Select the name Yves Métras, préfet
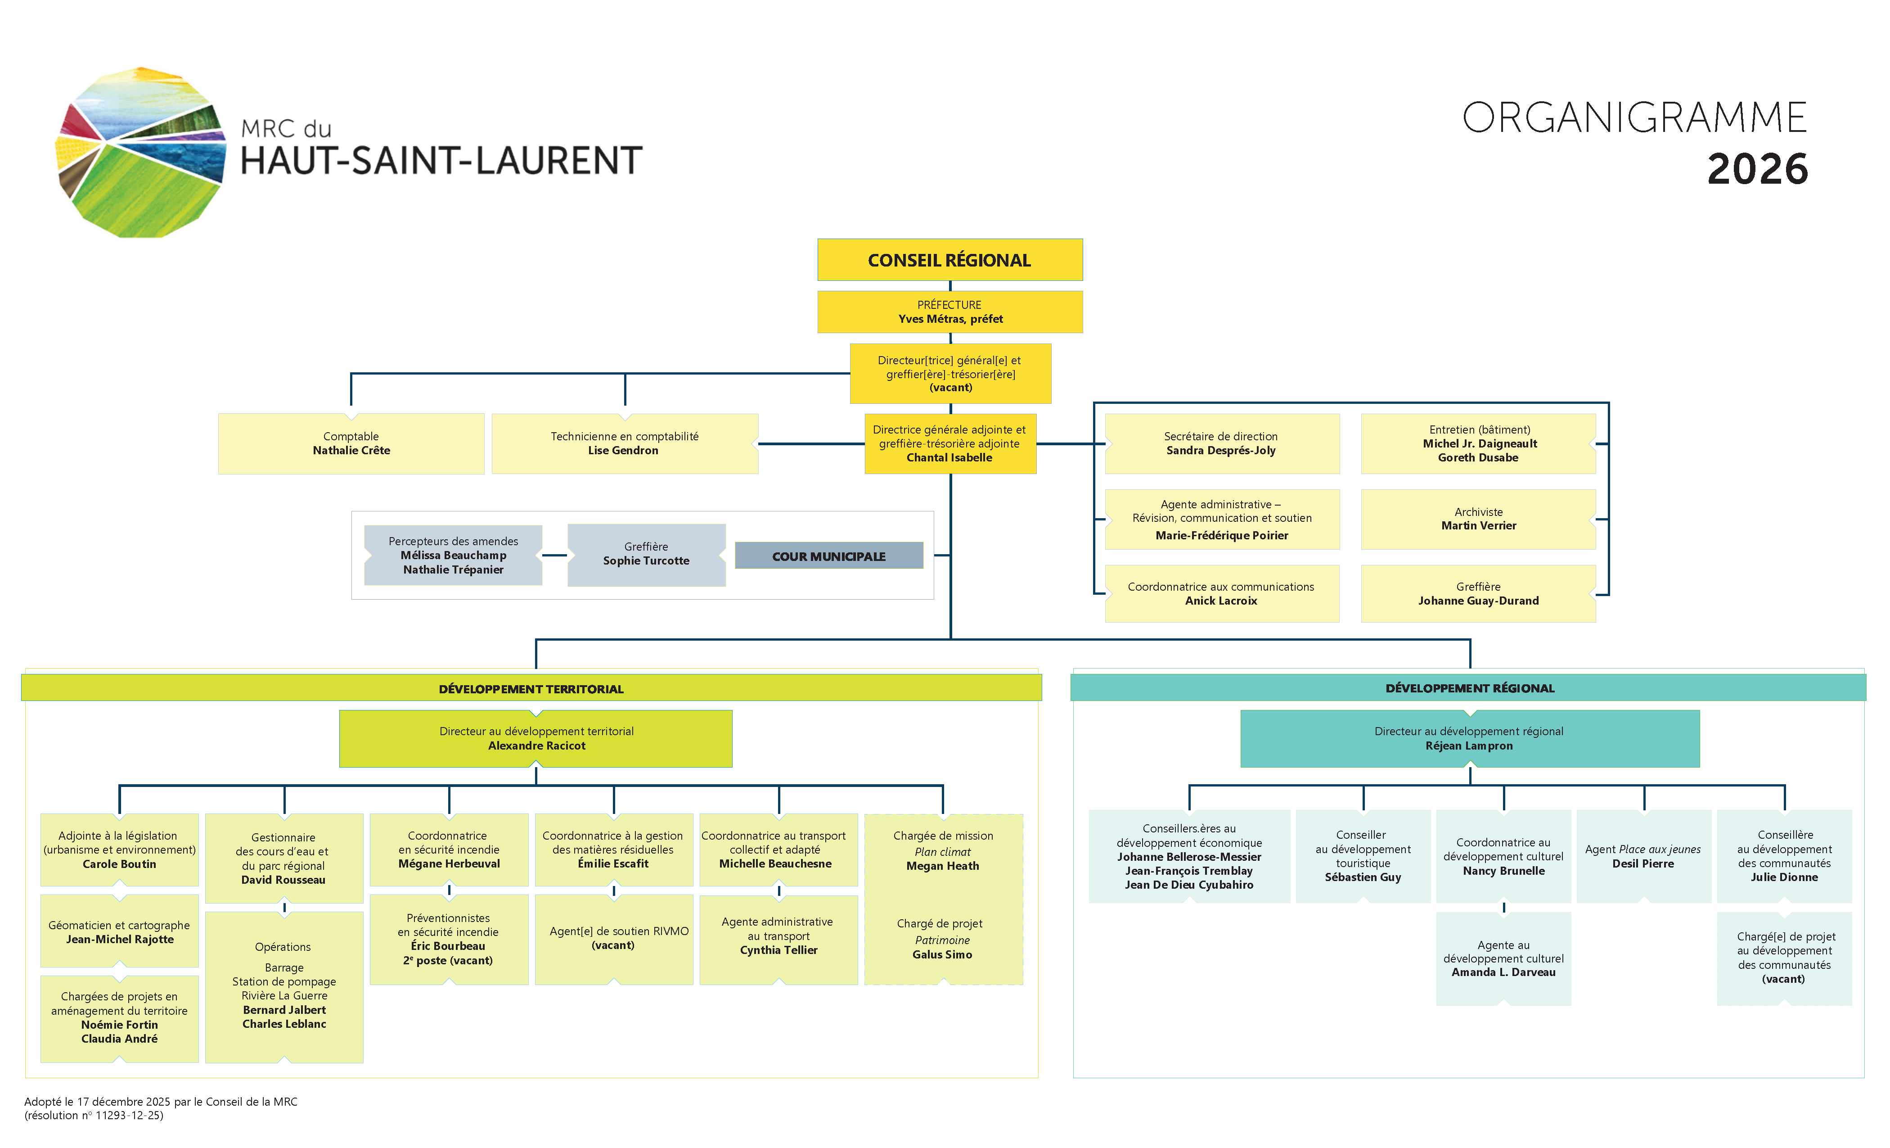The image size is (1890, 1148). (x=950, y=318)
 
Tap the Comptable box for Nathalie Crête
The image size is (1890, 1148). (x=351, y=443)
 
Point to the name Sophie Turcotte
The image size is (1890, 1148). (x=646, y=561)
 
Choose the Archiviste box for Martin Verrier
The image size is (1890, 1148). (x=1478, y=519)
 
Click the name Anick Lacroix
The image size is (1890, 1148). (x=1221, y=601)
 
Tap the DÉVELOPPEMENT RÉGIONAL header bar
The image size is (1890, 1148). (x=1468, y=687)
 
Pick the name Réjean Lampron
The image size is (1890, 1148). (x=1469, y=746)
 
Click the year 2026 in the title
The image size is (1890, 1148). (x=1757, y=169)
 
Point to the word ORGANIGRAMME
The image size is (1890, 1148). (x=1634, y=118)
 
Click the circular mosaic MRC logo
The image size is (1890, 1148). (x=141, y=153)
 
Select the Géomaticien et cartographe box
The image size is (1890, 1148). (x=120, y=931)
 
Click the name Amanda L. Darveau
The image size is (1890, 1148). (x=1503, y=972)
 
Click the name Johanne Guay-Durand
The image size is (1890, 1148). (x=1478, y=601)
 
